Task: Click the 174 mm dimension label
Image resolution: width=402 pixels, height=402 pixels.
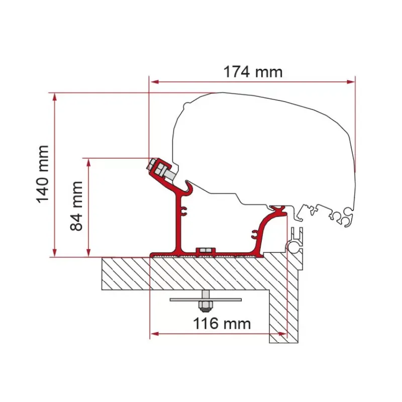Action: click(253, 72)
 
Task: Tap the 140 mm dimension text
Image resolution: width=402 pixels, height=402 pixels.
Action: click(43, 174)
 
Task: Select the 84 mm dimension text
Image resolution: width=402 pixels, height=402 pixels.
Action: click(76, 206)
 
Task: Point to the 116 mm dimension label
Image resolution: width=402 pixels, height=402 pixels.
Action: click(222, 324)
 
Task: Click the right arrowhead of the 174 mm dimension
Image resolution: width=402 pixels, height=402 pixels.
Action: click(351, 82)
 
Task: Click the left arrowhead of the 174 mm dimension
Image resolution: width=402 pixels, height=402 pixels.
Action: click(154, 82)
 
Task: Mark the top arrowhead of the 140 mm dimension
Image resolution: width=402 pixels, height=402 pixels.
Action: click(54, 97)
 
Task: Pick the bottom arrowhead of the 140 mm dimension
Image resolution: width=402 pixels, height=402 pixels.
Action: click(54, 253)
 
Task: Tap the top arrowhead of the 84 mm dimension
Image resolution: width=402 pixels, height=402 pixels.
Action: click(88, 162)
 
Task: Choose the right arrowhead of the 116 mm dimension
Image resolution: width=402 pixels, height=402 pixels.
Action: click(282, 334)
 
